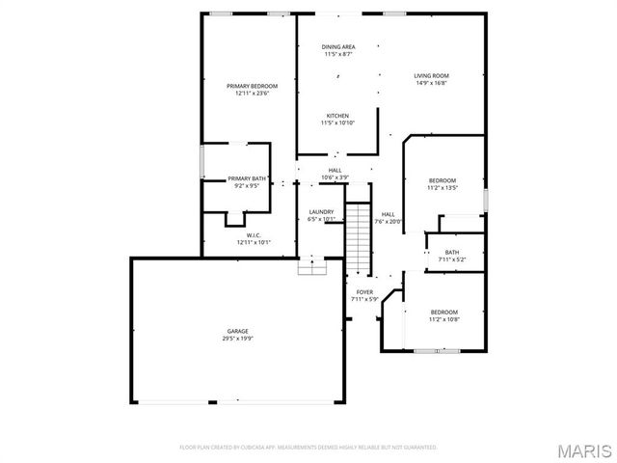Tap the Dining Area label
(338, 46)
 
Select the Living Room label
(432, 75)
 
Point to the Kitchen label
(337, 116)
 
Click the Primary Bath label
(247, 178)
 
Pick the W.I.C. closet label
(254, 235)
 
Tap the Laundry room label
(321, 212)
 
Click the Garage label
(237, 331)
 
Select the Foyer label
(364, 291)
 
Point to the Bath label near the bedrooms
(452, 252)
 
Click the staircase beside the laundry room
(359, 236)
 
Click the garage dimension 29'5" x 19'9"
(237, 338)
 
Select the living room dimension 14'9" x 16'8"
(432, 83)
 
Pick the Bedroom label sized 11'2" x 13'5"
(443, 180)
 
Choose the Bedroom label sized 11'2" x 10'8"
(444, 312)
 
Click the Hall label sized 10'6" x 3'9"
(335, 171)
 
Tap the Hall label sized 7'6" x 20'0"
(389, 214)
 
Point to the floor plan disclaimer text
(308, 448)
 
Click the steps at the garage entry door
(311, 268)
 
